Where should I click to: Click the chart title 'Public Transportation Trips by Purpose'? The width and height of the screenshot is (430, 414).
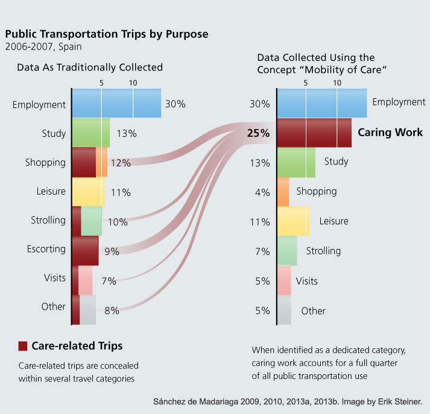107,34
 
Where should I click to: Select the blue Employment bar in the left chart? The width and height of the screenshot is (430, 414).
116,104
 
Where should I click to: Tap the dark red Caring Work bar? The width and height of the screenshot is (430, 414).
314,133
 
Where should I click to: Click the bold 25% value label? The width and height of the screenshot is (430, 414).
258,133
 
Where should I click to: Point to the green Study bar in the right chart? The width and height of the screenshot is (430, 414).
296,162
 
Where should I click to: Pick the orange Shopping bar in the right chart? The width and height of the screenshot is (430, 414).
283,192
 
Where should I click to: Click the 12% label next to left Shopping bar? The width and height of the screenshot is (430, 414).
121,163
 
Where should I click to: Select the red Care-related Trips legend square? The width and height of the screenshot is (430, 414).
23,346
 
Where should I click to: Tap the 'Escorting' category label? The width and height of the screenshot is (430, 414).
46,248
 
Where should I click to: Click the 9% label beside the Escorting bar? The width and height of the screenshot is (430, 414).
112,251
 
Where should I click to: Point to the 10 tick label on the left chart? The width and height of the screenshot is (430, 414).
133,82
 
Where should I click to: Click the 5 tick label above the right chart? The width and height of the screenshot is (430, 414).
306,82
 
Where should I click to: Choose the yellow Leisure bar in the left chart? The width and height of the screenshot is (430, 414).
87,192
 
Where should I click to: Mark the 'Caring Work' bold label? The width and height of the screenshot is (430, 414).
390,133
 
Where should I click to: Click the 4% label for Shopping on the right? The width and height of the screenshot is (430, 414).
262,192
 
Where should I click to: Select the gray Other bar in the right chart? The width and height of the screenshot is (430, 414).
283,310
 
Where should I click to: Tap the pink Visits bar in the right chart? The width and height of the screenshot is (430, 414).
283,281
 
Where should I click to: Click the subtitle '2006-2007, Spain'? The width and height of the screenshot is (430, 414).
43,46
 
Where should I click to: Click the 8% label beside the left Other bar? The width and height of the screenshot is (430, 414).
112,310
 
